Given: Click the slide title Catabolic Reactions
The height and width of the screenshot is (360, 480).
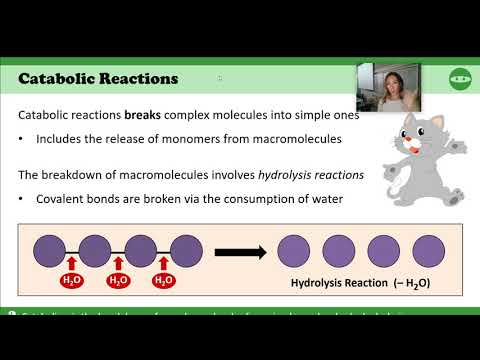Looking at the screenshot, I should (99, 77).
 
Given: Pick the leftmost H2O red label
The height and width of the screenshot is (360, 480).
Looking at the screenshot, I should (71, 280).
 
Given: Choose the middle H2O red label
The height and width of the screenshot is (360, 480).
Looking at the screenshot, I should (117, 280).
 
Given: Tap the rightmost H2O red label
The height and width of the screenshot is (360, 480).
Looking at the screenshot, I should (163, 280).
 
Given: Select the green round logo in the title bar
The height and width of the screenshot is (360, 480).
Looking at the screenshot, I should (458, 77).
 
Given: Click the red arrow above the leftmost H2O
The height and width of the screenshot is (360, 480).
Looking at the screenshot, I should (71, 265).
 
